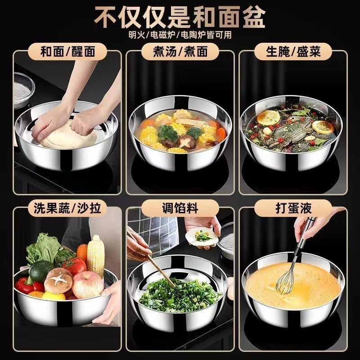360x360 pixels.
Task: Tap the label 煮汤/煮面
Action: tap(180, 51)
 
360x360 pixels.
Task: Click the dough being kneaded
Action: tap(67, 135)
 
